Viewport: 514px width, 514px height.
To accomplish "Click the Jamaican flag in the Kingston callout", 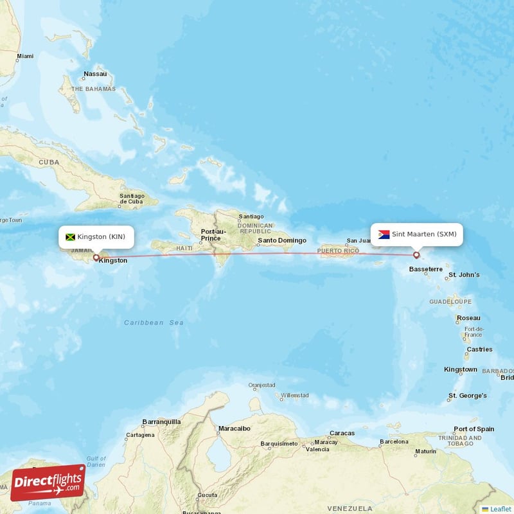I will coord(71,237).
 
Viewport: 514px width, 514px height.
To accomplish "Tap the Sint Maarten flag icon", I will coord(384,235).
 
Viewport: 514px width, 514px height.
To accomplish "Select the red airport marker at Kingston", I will coord(96,258).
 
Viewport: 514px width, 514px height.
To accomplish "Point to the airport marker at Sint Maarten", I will coord(416,255).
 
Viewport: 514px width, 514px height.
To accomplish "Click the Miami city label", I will coord(25,56).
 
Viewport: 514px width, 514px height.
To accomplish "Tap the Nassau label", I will coord(95,74).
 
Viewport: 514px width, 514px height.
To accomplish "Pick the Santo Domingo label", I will coord(282,241).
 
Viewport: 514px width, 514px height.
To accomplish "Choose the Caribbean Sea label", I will coord(154,323).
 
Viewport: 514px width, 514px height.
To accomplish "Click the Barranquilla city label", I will coord(161,422).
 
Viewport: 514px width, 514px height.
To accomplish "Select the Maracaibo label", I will coord(234,428).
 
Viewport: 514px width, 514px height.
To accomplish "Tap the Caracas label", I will coord(342,433).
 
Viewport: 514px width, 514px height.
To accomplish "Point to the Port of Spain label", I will coord(474,429).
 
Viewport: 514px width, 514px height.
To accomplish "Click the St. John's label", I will coord(464,275).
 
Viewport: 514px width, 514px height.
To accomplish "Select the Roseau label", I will coord(468,318).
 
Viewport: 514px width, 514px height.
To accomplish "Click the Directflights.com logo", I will coord(48,483).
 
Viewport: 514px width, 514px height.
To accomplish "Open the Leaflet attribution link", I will coord(500,509).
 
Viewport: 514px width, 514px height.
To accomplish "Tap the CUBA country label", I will coord(49,163).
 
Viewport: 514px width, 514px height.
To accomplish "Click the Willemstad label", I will coord(295,395).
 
